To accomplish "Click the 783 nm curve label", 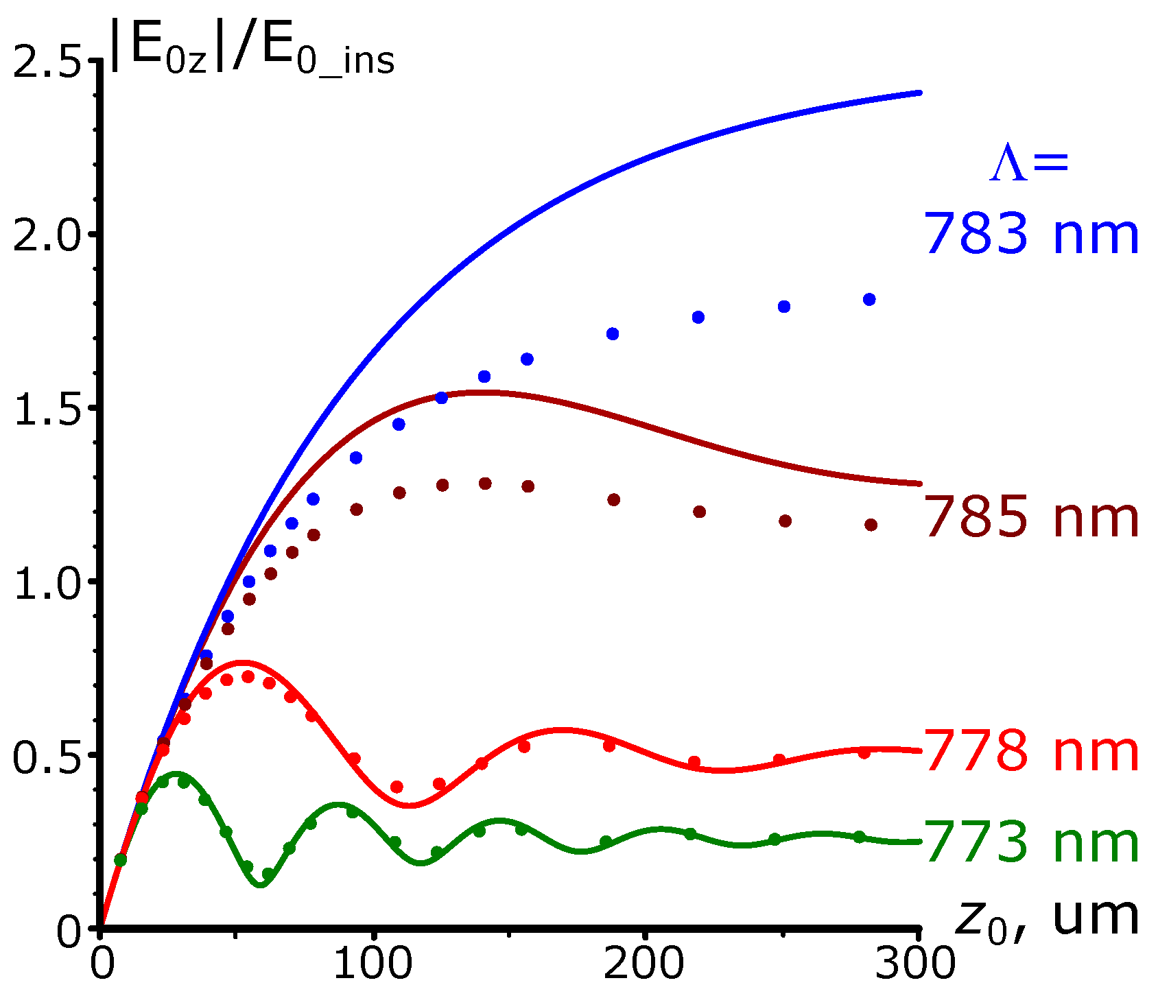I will coord(1032,235).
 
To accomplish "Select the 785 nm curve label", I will coord(1032,518).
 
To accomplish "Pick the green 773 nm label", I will coord(1032,843).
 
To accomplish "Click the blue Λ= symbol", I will coord(1028,165).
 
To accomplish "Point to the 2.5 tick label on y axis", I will coord(47,62).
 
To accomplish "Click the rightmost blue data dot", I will coord(869,299).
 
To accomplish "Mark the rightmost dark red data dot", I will coord(871,525).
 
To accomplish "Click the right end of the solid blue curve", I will coord(919,93).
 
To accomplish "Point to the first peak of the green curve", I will coord(175,774).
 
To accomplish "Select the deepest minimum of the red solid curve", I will coord(409,805).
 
